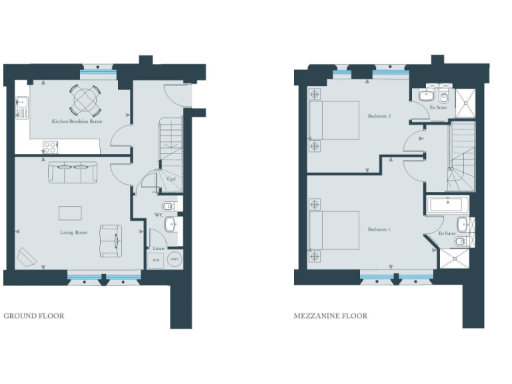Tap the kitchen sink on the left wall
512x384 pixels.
tap(21, 105)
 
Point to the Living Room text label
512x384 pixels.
tap(73, 233)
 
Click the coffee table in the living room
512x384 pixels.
tap(71, 213)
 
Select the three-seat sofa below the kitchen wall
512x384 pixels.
tap(72, 172)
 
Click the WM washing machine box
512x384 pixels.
tap(155, 259)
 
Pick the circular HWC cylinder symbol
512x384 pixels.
tap(174, 259)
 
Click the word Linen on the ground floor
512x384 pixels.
tap(159, 248)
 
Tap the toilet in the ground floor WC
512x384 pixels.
tap(169, 205)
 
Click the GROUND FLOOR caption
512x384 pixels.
tap(34, 316)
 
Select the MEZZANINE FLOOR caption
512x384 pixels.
tap(330, 316)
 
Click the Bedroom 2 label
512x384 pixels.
tap(379, 116)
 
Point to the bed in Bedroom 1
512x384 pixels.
tap(333, 230)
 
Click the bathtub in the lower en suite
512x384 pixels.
tap(449, 205)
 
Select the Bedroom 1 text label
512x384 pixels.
tap(379, 229)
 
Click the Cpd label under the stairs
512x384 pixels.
tap(171, 179)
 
